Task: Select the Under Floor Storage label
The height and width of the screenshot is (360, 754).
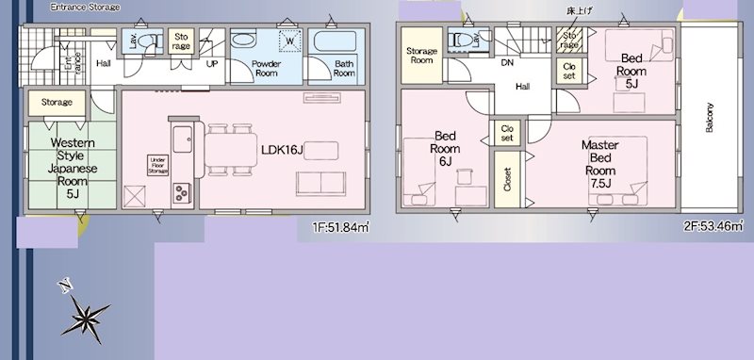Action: [x=157, y=166]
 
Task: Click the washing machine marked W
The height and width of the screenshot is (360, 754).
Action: [x=289, y=42]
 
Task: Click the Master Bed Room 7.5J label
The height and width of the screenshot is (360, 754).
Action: [x=598, y=164]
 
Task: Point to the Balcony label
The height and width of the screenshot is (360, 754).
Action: [x=709, y=119]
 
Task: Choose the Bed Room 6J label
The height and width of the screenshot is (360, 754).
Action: [x=445, y=149]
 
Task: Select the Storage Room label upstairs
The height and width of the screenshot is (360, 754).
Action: [x=420, y=55]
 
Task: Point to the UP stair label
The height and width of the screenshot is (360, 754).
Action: [x=213, y=64]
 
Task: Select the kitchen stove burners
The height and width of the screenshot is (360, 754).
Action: [x=180, y=191]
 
